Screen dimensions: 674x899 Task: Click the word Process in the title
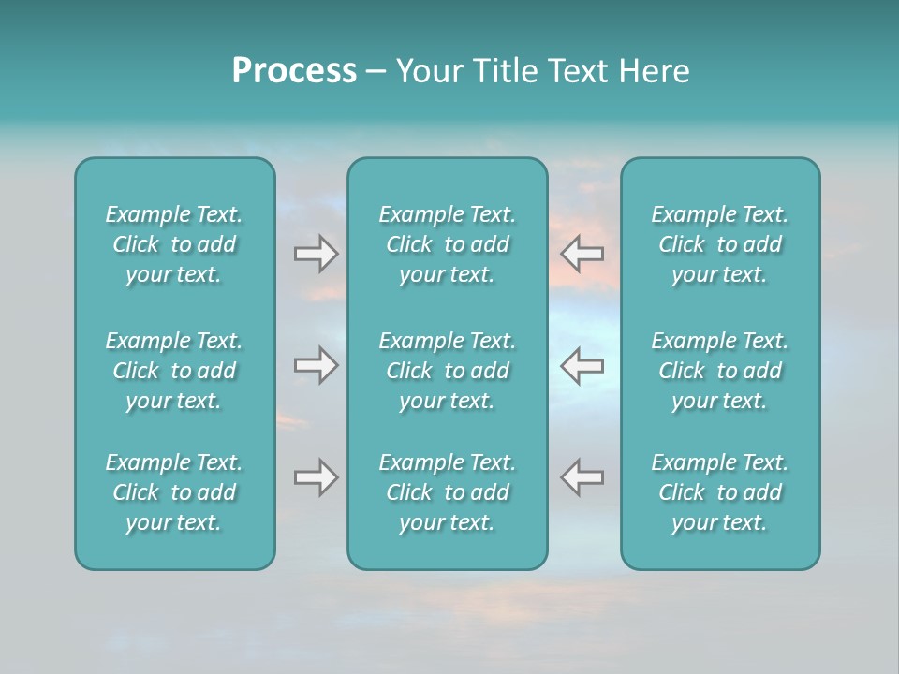point(294,71)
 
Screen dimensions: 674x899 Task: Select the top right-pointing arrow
point(316,254)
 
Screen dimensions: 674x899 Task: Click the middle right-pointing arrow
point(316,365)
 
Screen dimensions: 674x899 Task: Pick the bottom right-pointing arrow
point(316,477)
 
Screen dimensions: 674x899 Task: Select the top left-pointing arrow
point(582,254)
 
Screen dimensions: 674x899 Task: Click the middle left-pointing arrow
point(582,365)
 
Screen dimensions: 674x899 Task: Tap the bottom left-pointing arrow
point(582,477)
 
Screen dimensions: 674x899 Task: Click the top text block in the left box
point(174,244)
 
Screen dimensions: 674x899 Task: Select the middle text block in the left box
point(174,371)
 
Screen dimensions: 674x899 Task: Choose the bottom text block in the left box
point(174,492)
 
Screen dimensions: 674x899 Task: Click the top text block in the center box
point(447,244)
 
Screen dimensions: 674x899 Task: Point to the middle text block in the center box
point(447,371)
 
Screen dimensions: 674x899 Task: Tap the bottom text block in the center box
point(447,492)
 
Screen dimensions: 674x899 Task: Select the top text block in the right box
point(719,244)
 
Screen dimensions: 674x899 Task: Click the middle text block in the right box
point(719,371)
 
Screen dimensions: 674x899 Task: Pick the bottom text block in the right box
point(719,492)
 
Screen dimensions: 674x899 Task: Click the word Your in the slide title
point(430,71)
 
